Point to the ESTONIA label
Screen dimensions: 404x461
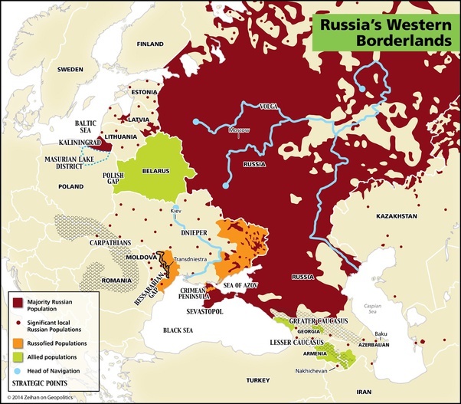144,92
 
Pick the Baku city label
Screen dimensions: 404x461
381,333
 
